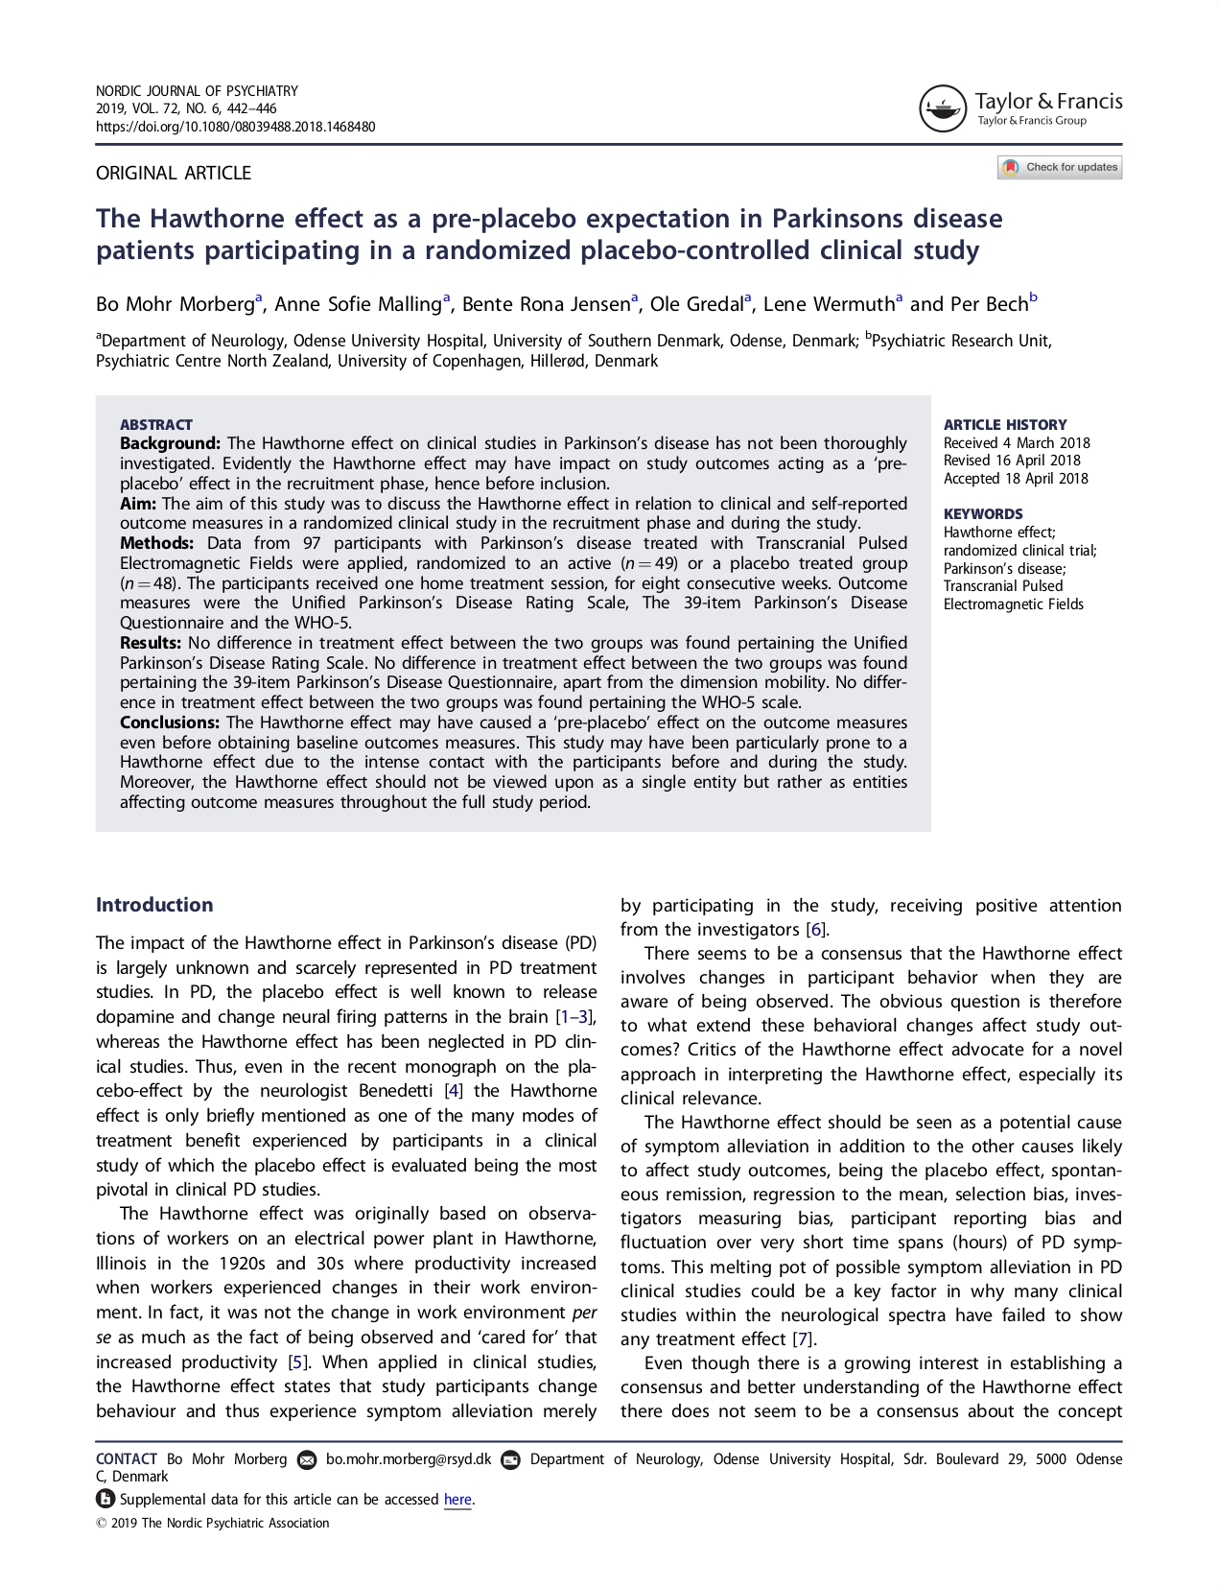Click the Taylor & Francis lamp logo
click(x=942, y=108)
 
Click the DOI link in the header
click(x=235, y=127)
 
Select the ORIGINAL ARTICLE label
click(x=174, y=174)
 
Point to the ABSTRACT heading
click(x=156, y=425)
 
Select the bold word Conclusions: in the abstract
click(x=170, y=722)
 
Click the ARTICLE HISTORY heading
click(x=1005, y=425)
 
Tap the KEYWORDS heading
click(x=983, y=514)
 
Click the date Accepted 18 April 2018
click(x=1016, y=479)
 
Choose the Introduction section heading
click(x=154, y=905)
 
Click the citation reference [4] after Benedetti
click(x=454, y=1091)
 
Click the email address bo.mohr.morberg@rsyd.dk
click(x=409, y=1459)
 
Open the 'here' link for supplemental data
click(x=457, y=1500)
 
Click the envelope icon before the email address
click(x=307, y=1460)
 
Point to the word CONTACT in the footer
click(x=127, y=1459)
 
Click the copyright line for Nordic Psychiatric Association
click(x=213, y=1524)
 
